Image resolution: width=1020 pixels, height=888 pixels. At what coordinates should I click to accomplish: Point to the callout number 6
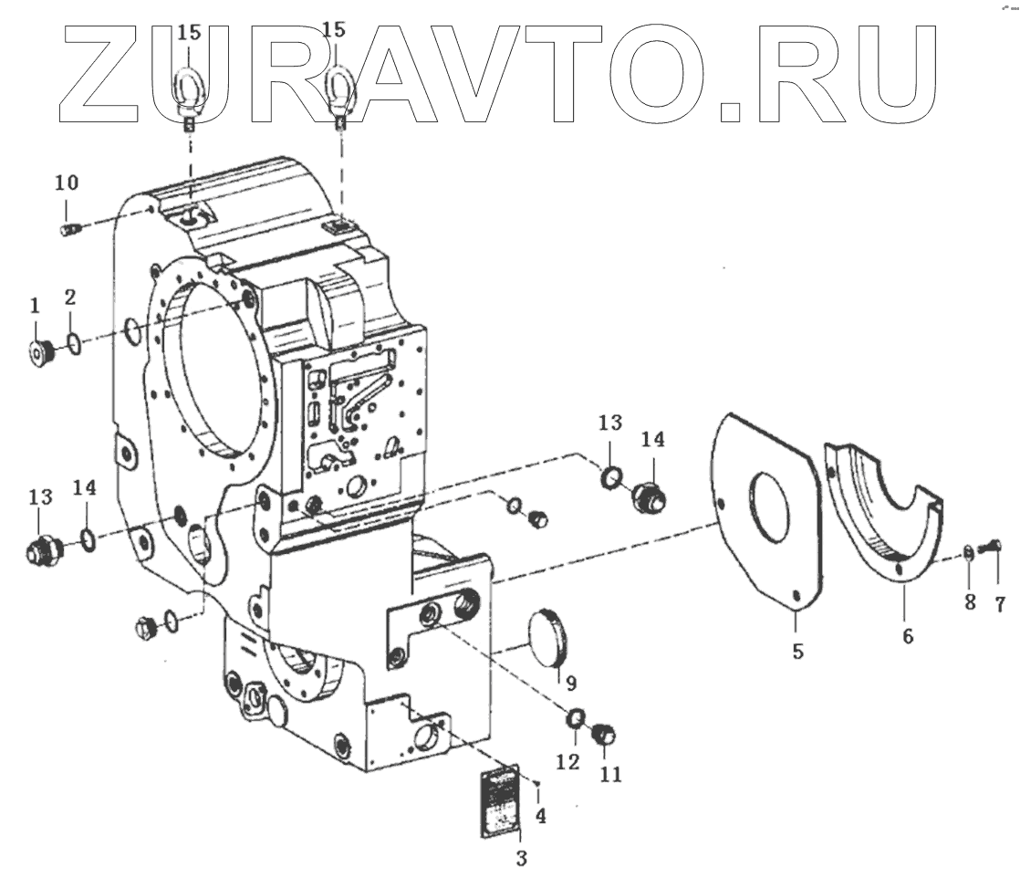pos(907,637)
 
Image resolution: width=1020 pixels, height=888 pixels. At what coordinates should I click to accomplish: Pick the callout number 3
pos(522,858)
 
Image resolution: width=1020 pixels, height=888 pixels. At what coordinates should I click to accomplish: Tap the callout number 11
pos(610,775)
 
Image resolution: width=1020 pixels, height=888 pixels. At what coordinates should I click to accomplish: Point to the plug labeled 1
pos(42,350)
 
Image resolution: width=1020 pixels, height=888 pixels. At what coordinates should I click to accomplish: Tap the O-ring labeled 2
pos(73,346)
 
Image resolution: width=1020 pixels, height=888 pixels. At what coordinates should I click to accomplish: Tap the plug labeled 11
pos(604,734)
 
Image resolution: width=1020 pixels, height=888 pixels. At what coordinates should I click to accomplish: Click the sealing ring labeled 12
pos(577,719)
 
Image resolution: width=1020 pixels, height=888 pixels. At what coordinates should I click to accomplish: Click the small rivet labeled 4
pos(540,783)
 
